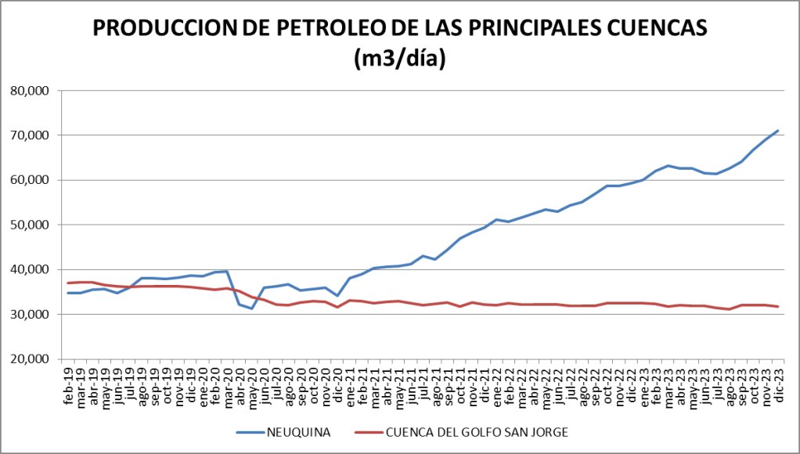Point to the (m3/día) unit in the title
[400, 59]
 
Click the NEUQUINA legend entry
[298, 431]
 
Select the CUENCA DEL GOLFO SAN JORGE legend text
[478, 431]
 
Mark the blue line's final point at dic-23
[777, 131]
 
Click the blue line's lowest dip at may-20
[251, 308]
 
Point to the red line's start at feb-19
[69, 283]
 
